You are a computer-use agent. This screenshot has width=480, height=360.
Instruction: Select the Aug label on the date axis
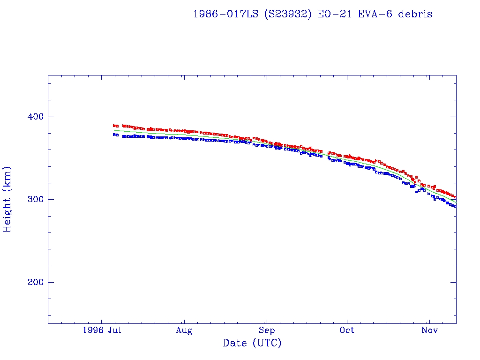coord(184,330)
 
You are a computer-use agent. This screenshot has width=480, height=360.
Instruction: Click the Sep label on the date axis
coord(266,330)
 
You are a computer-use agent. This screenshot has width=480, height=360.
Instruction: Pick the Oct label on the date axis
coord(347,330)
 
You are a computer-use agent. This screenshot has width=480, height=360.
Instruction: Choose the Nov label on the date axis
coord(429,330)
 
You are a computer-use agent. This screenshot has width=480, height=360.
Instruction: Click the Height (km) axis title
coord(7,199)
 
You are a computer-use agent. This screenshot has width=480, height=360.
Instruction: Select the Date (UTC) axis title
coord(252,343)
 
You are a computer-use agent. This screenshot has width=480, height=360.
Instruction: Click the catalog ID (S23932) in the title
coord(285,14)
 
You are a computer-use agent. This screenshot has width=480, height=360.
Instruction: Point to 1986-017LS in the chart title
coord(225,14)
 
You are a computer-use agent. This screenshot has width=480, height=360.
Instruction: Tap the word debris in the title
coord(415,14)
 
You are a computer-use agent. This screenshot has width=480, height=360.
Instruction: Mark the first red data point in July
coord(114,126)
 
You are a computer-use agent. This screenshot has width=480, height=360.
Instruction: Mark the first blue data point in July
coord(114,135)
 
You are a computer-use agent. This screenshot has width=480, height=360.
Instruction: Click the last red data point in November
coord(455,197)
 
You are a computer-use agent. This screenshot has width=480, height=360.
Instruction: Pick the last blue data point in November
coord(455,206)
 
